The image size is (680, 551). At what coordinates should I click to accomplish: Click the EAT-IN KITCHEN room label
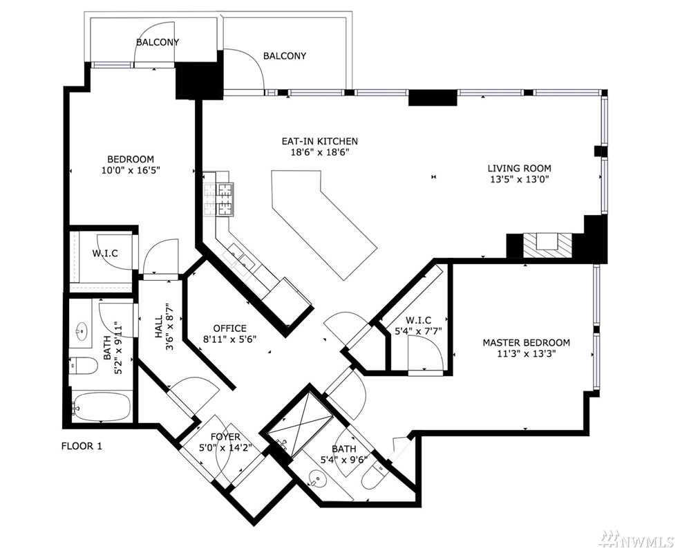320,141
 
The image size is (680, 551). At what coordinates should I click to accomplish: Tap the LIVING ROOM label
519,168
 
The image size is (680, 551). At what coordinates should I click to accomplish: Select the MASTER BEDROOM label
526,342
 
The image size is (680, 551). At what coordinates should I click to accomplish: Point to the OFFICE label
230,328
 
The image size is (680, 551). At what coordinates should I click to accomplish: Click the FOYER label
225,436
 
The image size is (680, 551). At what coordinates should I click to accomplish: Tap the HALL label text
158,327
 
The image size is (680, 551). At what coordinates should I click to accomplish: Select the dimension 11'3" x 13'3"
527,353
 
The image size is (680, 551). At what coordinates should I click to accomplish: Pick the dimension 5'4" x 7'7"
417,331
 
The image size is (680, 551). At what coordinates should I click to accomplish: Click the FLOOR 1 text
82,446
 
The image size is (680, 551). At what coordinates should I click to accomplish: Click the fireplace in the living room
548,245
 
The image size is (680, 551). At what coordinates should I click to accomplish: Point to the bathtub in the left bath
101,407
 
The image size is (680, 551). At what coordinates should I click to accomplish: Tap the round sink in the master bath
317,479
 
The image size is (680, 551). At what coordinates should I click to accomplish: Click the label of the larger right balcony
285,56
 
